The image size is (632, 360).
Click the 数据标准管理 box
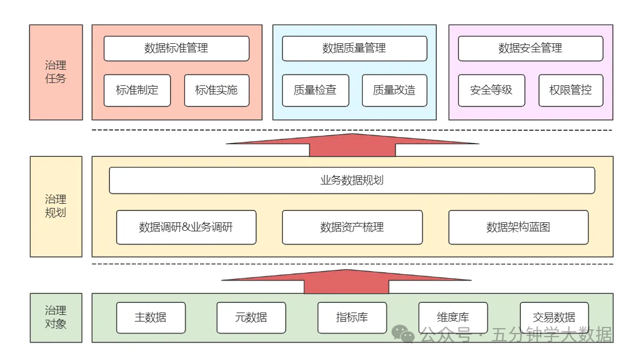[x=176, y=48]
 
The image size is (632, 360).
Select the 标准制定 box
[x=137, y=90]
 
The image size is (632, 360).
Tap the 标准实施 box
[x=216, y=90]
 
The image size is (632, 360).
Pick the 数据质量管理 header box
[x=354, y=48]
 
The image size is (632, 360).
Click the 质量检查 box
[x=315, y=90]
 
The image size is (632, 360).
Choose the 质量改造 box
[x=394, y=90]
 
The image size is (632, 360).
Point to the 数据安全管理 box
[x=530, y=48]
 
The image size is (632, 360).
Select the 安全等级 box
[x=491, y=90]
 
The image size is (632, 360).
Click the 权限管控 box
[x=570, y=90]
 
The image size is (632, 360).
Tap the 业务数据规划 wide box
[x=351, y=180]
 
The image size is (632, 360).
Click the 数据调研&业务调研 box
[x=186, y=227]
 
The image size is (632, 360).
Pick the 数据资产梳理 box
[x=351, y=227]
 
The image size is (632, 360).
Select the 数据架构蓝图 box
[x=518, y=227]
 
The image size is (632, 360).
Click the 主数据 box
[x=151, y=317]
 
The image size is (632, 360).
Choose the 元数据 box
[x=251, y=317]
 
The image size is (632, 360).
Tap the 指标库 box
[x=352, y=317]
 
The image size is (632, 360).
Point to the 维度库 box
[x=453, y=317]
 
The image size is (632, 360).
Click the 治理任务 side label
[x=56, y=72]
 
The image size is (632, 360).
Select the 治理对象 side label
[x=56, y=317]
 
